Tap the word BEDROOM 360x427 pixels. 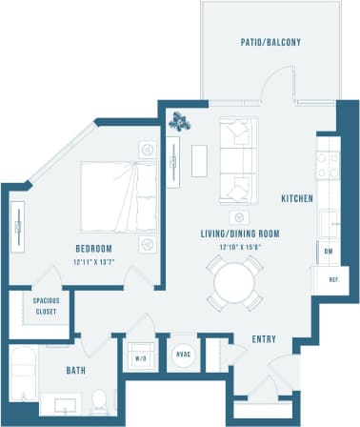pos(96,249)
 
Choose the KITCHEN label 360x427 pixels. pos(296,198)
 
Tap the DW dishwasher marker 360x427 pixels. pos(327,252)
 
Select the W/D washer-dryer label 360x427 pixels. pos(141,359)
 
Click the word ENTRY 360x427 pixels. pos(264,339)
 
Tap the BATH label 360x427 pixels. pos(78,369)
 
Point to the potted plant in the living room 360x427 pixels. pos(181,121)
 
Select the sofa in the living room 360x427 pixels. pos(236,157)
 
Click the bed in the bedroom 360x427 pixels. pos(118,194)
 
